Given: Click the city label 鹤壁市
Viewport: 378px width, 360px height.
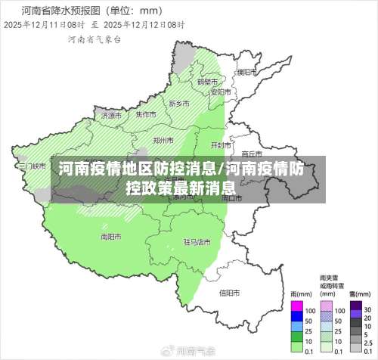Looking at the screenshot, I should (207, 81).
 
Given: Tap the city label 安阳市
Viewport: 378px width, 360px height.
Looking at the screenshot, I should (220, 92).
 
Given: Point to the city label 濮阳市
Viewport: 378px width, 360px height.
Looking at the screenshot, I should (246, 73).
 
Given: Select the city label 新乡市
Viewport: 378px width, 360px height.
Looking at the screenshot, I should (179, 104).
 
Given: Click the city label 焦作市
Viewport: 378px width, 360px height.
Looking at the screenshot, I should (146, 114).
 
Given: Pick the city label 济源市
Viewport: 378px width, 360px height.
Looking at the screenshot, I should (110, 116).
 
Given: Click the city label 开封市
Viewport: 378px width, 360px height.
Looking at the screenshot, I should (220, 144).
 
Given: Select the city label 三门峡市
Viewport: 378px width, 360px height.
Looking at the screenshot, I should (33, 165).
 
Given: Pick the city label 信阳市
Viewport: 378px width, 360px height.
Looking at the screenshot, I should (229, 293).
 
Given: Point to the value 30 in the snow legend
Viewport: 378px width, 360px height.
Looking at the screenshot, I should (367, 309).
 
